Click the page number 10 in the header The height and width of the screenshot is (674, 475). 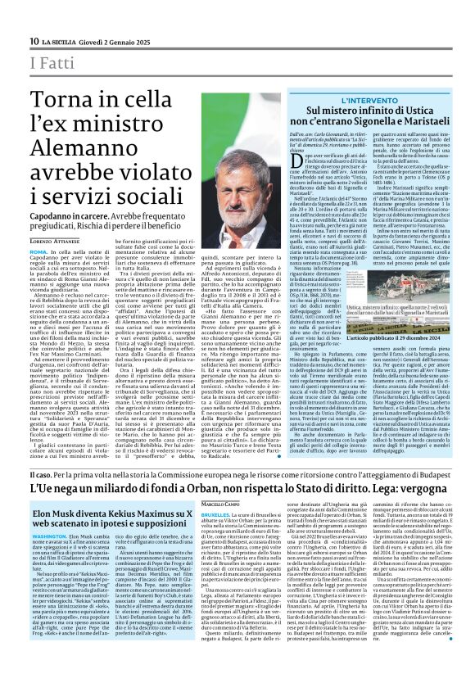[34, 41]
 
